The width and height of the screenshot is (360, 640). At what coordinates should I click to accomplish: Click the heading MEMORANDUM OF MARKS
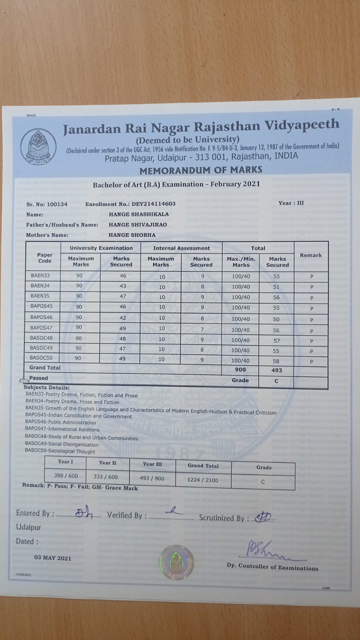click(x=201, y=170)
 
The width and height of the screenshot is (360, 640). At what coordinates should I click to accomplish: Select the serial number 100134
click(x=57, y=204)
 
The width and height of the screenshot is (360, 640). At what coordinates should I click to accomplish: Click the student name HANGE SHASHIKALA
click(x=139, y=214)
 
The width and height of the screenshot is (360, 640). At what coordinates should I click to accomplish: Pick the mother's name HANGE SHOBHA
click(x=132, y=235)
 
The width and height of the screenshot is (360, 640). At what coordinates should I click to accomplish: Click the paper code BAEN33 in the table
click(x=40, y=275)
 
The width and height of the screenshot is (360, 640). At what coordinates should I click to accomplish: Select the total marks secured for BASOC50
click(x=276, y=361)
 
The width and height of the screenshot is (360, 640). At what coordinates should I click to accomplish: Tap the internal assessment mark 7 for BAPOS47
click(x=202, y=329)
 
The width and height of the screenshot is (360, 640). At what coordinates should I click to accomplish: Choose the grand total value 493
click(x=276, y=370)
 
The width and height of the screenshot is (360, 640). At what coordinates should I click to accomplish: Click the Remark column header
click(x=311, y=255)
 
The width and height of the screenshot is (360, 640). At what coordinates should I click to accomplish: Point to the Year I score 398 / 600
click(x=66, y=475)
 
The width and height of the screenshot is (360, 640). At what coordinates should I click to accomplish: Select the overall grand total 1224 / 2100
click(x=203, y=479)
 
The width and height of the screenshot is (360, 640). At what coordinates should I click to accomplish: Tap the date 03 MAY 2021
click(x=52, y=558)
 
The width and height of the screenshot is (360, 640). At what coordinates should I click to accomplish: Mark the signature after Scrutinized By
click(x=264, y=518)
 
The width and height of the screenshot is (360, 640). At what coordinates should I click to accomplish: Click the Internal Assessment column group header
click(x=181, y=248)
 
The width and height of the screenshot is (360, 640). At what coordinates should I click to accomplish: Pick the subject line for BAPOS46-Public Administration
click(x=60, y=422)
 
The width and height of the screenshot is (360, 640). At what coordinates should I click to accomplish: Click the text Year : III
click(x=291, y=203)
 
